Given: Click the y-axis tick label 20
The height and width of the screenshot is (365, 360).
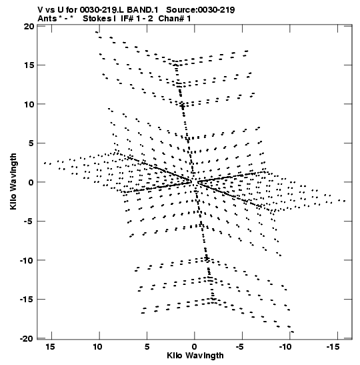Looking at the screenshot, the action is coord(29,26).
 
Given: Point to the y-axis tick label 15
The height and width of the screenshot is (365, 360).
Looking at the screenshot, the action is coord(29,65).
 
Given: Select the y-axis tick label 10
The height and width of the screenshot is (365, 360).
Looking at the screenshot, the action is coord(29,105).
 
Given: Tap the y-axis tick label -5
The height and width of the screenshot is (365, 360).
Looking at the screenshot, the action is coord(29,222).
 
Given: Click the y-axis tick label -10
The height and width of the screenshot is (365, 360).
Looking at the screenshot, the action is coord(27,260).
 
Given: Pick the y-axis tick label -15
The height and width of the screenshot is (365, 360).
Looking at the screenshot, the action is coord(27,300).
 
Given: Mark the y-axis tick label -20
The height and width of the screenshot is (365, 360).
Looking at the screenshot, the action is coord(27,339).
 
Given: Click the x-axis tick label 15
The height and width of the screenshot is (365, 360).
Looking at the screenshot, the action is coord(50,347).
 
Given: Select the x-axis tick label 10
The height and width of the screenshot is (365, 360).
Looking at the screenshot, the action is coord(98,347).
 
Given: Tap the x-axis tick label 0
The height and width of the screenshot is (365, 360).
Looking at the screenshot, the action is coord(194,347).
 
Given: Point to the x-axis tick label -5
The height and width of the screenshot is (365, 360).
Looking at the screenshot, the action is coord(240,347).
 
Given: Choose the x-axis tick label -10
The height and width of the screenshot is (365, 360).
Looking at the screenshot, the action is coord(285,347).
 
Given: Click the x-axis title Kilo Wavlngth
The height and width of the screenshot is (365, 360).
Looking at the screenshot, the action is coord(195,356).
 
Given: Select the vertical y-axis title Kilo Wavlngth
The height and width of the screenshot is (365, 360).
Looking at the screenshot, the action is coord(13,181).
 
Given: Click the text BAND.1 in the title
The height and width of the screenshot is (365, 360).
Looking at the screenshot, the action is coord(142,10).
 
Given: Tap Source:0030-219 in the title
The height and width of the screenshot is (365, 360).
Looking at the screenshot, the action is coord(201,10).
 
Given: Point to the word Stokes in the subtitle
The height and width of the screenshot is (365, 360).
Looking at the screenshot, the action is coord(97,19).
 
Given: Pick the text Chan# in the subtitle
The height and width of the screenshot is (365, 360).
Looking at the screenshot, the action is coord(171,19).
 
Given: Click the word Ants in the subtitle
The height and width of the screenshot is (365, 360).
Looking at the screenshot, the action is coord(47,19).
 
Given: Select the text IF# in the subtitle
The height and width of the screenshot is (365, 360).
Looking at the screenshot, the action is coord(127,19).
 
